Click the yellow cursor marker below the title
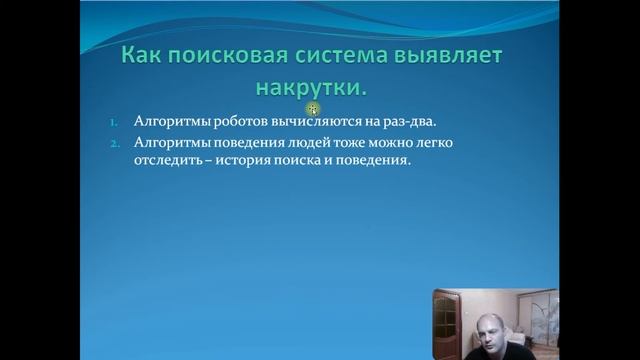[313, 108]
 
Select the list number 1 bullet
[112, 122]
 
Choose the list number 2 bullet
[112, 143]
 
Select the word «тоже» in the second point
[340, 143]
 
